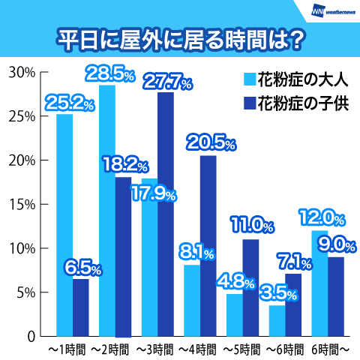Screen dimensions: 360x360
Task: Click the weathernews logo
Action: pyautogui.click(x=333, y=12)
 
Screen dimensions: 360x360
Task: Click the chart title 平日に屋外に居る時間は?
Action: pyautogui.click(x=180, y=40)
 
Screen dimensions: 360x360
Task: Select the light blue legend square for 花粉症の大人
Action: pyautogui.click(x=250, y=79)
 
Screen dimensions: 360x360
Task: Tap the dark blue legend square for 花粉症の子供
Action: pyautogui.click(x=250, y=103)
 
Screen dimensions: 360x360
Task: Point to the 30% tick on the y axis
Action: pyautogui.click(x=44, y=72)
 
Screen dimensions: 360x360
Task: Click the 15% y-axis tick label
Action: pyautogui.click(x=22, y=205)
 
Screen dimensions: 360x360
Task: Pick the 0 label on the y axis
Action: pyautogui.click(x=31, y=337)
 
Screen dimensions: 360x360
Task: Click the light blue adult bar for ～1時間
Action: pyautogui.click(x=64, y=225)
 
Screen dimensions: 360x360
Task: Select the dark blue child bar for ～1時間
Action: pyautogui.click(x=81, y=307)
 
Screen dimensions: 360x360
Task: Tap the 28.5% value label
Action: pyautogui.click(x=110, y=73)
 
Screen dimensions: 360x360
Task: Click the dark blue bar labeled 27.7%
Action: pyautogui.click(x=166, y=214)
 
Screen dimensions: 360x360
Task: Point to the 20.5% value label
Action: pyautogui.click(x=211, y=142)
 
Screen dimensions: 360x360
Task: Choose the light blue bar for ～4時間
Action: pyautogui.click(x=192, y=301)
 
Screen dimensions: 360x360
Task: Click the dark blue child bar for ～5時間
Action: pyautogui.click(x=250, y=288)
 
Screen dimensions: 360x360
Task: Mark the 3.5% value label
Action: pyautogui.click(x=278, y=293)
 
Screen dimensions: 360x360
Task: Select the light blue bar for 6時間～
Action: pyautogui.click(x=319, y=283)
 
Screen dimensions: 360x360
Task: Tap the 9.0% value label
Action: pyautogui.click(x=337, y=245)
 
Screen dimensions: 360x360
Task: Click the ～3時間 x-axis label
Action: pyautogui.click(x=154, y=349)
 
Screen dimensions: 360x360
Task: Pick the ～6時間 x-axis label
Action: pyautogui.click(x=285, y=349)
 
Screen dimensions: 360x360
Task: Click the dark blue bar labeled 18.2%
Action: pyautogui.click(x=123, y=256)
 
